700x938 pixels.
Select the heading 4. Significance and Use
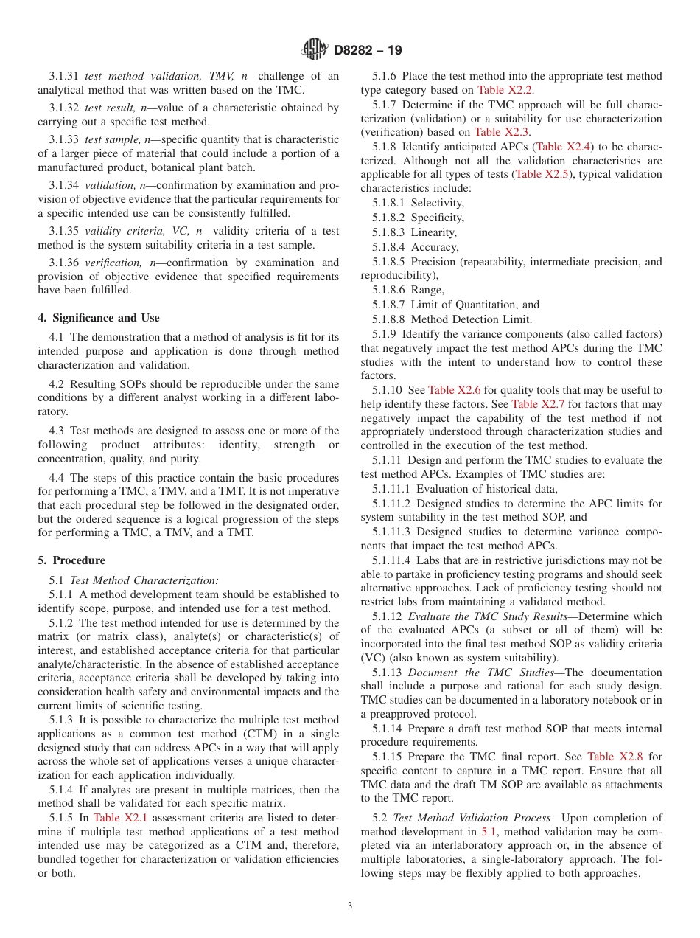99,318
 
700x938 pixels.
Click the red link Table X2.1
116,818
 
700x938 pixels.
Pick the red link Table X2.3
497,132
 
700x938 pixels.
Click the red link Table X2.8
613,757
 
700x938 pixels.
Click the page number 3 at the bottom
350,906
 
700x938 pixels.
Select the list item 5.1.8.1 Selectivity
418,203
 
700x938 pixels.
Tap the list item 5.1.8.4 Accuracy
415,247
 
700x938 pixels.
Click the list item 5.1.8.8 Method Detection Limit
452,319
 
